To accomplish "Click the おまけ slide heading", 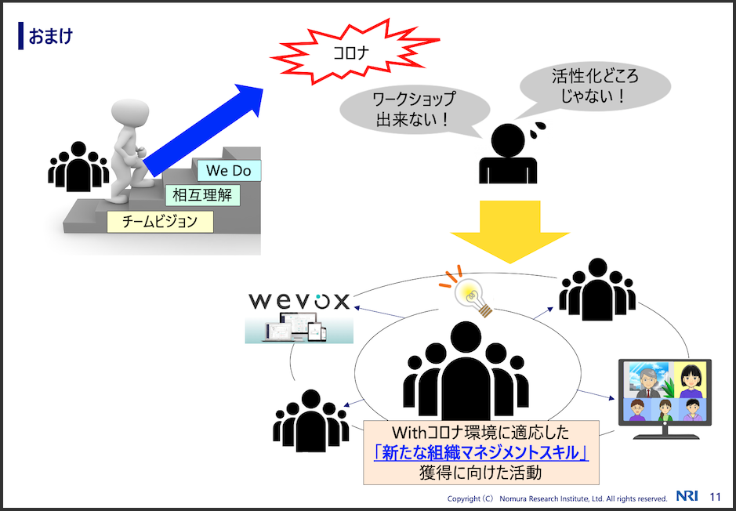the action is coord(51,36).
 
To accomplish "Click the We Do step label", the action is coord(229,170).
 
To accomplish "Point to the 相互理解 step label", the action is coord(202,194).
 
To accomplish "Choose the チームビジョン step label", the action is coord(160,222).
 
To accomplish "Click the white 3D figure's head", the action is coord(130,114).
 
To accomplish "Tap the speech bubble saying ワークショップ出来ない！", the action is coord(414,110).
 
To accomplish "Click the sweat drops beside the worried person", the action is coord(537,129).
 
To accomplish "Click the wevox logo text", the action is coord(299,301).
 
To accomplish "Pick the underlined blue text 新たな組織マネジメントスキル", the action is coord(481,453).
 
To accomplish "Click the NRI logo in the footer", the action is coord(687,496).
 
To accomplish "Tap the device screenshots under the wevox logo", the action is coord(299,328).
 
